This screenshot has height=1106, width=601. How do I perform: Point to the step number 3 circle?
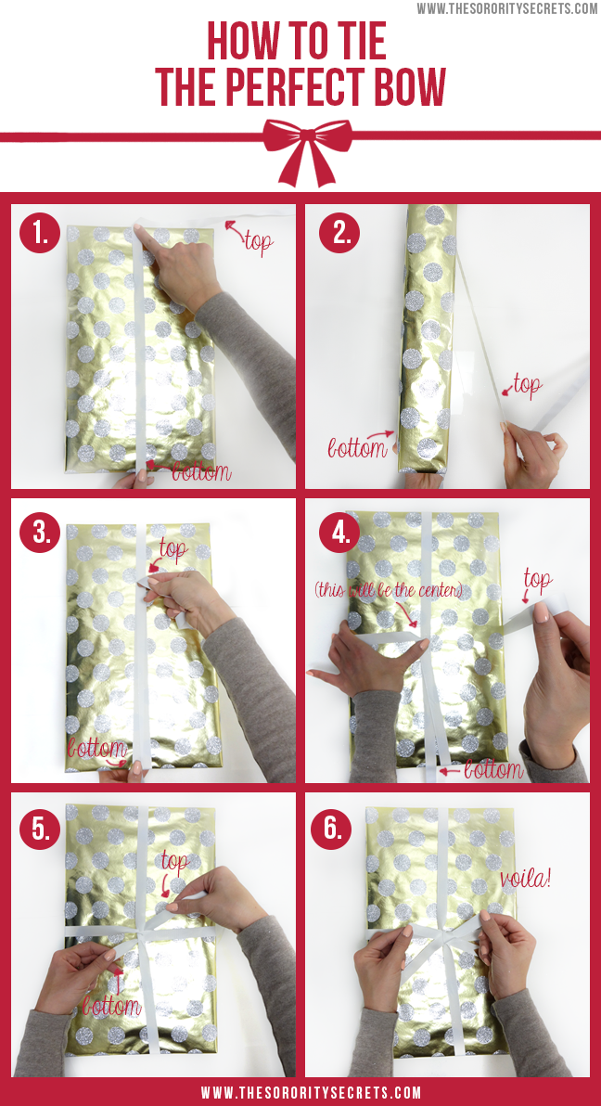tap(40, 532)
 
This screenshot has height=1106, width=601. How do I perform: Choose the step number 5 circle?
tap(40, 828)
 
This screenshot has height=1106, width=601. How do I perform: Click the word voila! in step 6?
tap(526, 878)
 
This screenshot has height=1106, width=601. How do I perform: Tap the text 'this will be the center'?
tap(389, 590)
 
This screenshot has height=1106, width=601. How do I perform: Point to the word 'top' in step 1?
tap(258, 242)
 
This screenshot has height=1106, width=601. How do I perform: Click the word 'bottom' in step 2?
tap(357, 447)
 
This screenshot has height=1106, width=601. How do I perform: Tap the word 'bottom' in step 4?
tap(493, 769)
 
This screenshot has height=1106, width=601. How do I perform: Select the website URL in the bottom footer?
tap(311, 1093)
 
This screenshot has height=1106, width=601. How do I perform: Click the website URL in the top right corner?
tap(507, 8)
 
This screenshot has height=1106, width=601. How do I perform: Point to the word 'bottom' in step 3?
tap(96, 749)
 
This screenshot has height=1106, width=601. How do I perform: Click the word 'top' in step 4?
tap(537, 581)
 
